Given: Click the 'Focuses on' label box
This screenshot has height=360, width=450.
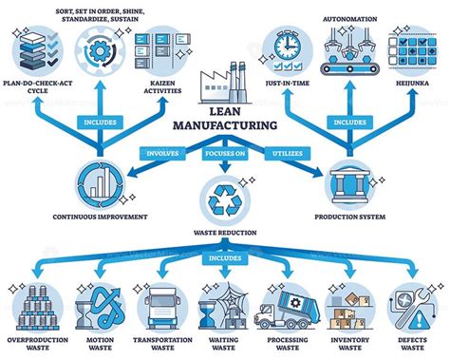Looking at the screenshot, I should point(224,153).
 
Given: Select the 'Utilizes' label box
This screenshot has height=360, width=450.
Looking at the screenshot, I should point(289,153).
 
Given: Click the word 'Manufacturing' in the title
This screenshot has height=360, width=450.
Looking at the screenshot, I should point(225,123).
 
